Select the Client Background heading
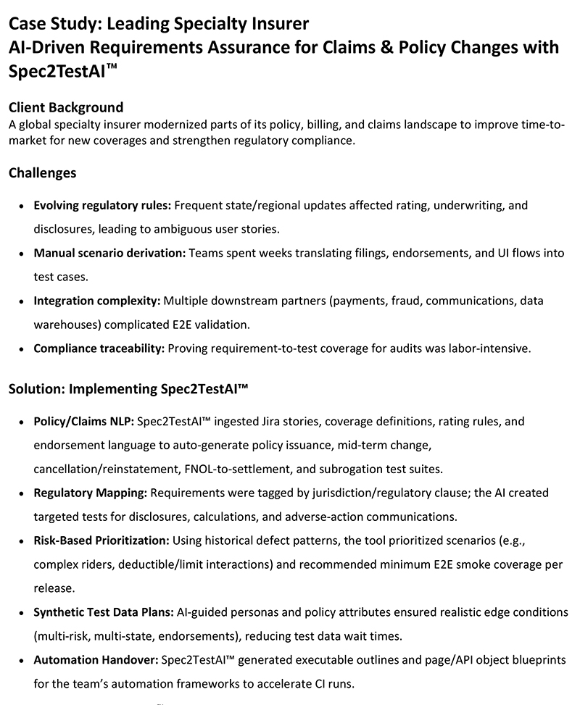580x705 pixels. (66, 108)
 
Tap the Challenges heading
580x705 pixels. (42, 173)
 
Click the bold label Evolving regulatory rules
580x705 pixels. (102, 205)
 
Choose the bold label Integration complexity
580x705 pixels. (97, 300)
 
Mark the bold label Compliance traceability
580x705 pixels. (99, 348)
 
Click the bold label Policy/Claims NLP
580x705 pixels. (83, 421)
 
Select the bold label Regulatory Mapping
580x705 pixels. (91, 493)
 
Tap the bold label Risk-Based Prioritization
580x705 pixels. (101, 541)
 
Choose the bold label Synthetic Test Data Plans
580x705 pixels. (104, 612)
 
